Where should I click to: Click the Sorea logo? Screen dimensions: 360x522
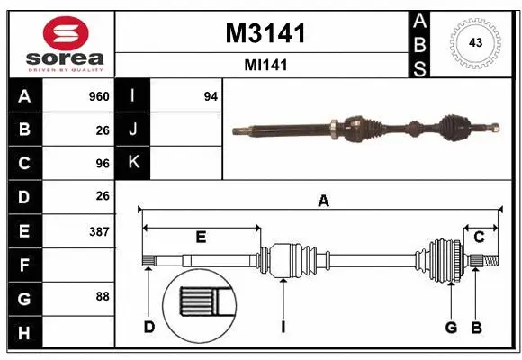click(x=58, y=43)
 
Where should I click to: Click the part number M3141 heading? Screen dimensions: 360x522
click(x=265, y=33)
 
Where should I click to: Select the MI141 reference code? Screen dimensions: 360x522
click(x=265, y=66)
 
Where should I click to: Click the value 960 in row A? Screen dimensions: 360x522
click(x=99, y=96)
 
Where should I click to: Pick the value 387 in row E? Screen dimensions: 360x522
click(x=99, y=231)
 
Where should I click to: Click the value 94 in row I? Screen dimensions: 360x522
click(x=211, y=96)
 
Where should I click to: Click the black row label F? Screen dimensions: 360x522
click(x=24, y=265)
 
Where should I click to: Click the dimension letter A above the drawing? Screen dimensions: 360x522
click(x=323, y=202)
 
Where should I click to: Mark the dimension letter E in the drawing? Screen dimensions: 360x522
click(x=201, y=237)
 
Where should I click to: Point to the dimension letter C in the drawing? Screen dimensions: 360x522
click(x=479, y=237)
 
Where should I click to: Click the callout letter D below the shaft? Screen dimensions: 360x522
click(x=148, y=327)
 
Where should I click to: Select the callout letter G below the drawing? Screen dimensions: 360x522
click(x=451, y=327)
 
